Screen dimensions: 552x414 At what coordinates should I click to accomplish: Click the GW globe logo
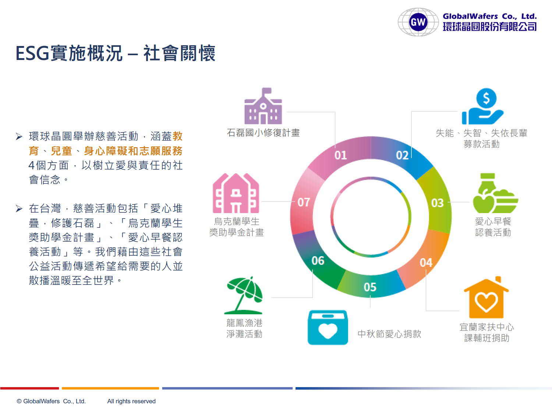pyautogui.click(x=418, y=22)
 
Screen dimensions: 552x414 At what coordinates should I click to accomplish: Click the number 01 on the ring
pyautogui.click(x=340, y=155)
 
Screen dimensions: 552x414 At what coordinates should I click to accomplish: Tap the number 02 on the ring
pyautogui.click(x=402, y=155)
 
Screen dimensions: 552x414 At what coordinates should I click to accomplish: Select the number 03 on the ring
pyautogui.click(x=437, y=203)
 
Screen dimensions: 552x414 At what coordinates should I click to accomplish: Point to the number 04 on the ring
pyautogui.click(x=426, y=263)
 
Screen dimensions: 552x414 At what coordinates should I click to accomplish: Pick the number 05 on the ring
pyautogui.click(x=370, y=287)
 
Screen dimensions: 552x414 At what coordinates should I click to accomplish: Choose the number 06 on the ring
pyautogui.click(x=318, y=261)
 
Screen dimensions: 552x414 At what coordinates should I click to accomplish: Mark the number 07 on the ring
pyautogui.click(x=304, y=202)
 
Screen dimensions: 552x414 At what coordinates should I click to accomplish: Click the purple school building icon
pyautogui.click(x=263, y=106)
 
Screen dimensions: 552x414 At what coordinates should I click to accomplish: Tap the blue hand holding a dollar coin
pyautogui.click(x=483, y=106)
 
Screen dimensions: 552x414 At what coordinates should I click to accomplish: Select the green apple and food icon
pyautogui.click(x=495, y=193)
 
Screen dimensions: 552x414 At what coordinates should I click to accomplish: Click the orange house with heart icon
pyautogui.click(x=486, y=297)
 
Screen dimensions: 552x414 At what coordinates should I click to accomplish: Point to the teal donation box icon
pyautogui.click(x=328, y=327)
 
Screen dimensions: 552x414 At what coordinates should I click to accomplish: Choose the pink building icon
pyautogui.click(x=236, y=193)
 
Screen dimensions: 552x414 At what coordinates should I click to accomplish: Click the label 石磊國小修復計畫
pyautogui.click(x=263, y=133)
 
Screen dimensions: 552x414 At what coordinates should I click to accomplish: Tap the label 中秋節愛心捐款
pyautogui.click(x=389, y=334)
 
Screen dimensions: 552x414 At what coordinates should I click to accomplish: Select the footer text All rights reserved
pyautogui.click(x=131, y=401)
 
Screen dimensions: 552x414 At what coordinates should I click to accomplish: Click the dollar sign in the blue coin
pyautogui.click(x=486, y=98)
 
